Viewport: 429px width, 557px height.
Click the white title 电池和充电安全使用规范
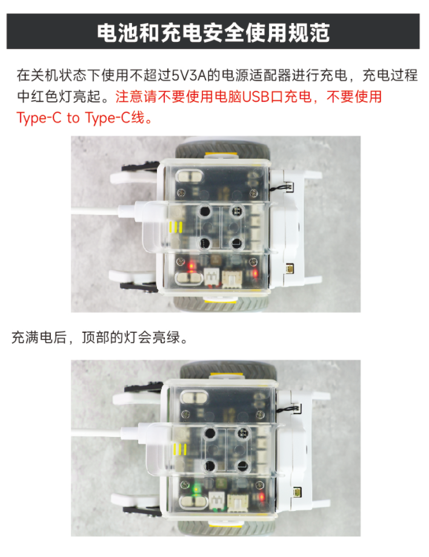[213, 33]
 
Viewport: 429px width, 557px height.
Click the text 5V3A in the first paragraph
[189, 75]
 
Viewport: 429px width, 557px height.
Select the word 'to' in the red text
[73, 118]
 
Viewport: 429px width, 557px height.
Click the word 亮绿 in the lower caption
[166, 337]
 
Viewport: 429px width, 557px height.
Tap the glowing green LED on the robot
[195, 490]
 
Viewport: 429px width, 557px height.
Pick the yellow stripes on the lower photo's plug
[180, 450]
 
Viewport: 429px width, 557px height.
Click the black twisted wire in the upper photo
[280, 187]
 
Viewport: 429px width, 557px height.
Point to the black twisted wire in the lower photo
[288, 410]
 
